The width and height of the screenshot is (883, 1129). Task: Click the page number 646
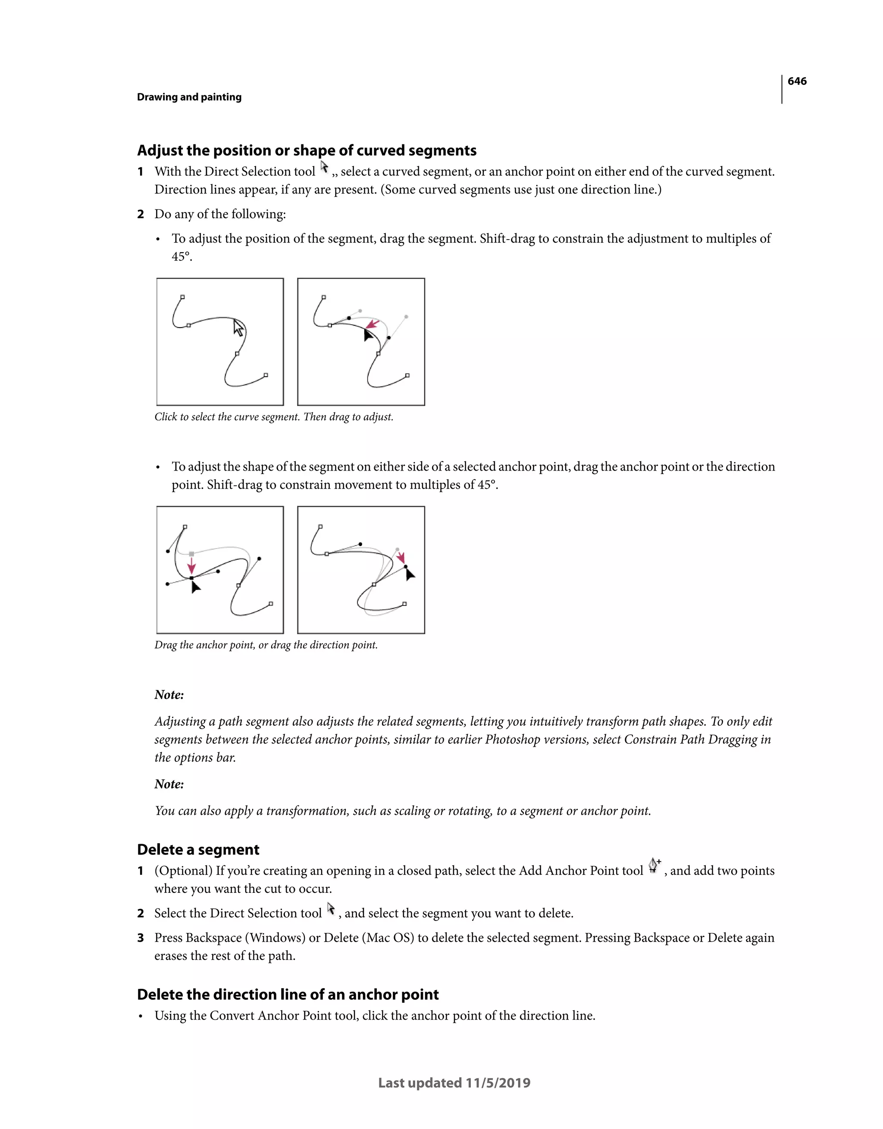point(797,81)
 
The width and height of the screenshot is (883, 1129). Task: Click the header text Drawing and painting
point(189,97)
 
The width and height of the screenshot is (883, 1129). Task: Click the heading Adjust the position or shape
point(306,150)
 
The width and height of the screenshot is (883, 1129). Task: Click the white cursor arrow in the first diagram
point(238,328)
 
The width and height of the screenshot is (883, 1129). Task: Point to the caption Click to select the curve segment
point(274,417)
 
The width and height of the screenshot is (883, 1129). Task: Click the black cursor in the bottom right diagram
point(410,574)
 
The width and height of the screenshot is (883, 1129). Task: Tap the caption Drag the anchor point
point(266,645)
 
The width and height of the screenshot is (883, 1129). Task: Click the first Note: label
point(169,695)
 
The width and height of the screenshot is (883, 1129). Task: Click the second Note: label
point(169,784)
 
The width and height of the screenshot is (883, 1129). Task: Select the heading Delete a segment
point(198,850)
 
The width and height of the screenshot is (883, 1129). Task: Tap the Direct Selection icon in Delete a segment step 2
point(331,909)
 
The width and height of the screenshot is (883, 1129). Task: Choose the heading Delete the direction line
point(288,995)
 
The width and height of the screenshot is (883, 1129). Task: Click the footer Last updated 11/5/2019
point(454,1083)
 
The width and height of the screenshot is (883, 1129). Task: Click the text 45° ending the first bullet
point(181,256)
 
